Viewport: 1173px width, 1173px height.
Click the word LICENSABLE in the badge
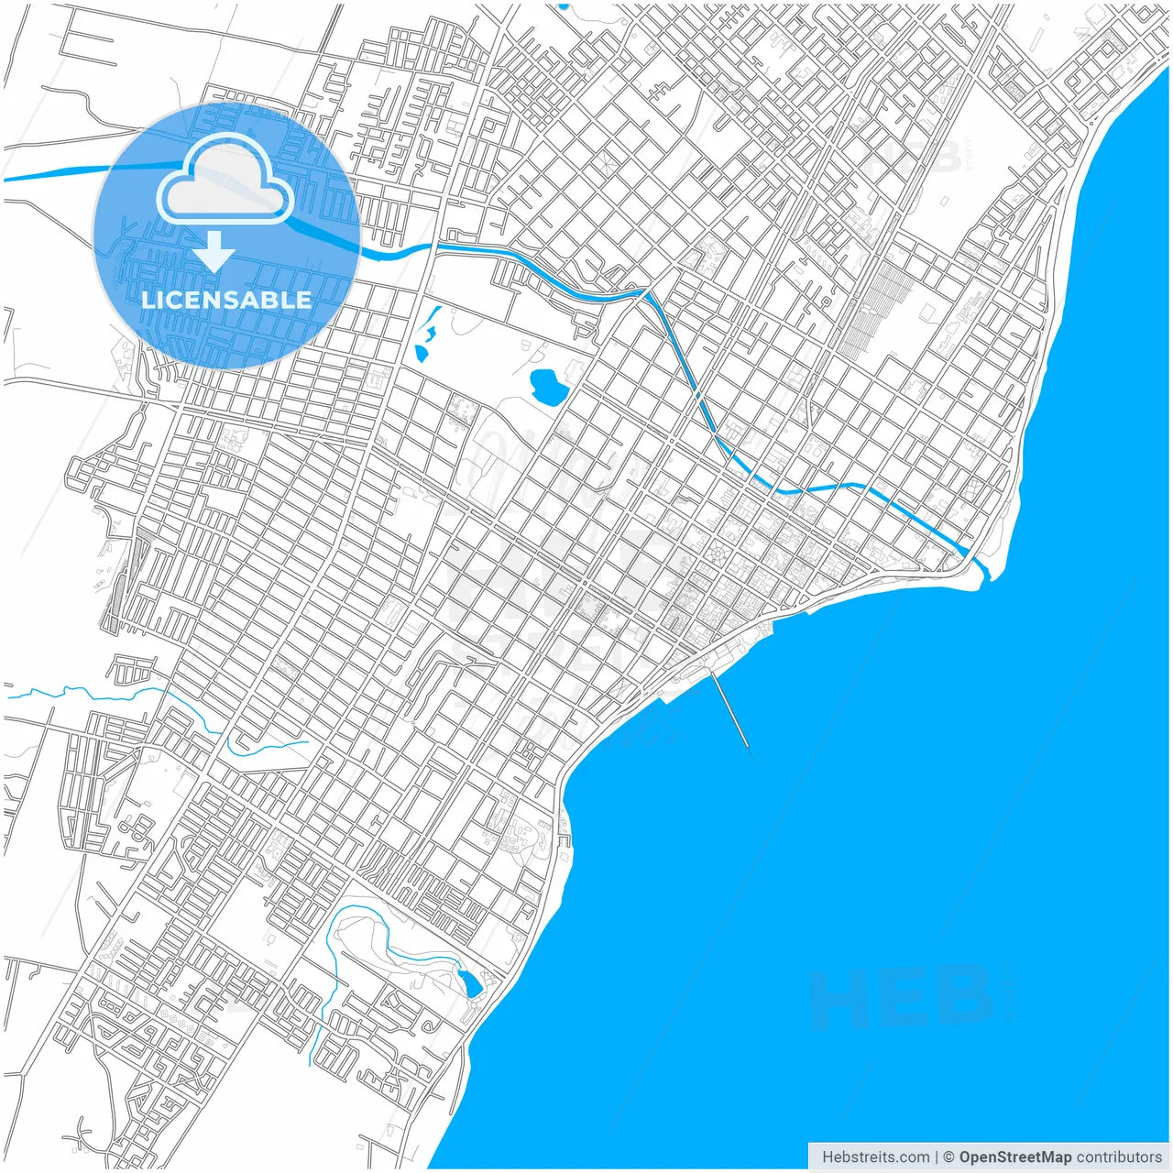tap(225, 300)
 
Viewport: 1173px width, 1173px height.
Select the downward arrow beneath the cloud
tap(214, 251)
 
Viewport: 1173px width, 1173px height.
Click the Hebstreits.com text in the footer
tap(875, 1157)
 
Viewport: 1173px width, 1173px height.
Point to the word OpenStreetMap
tap(1014, 1157)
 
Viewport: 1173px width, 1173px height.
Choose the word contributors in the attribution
tap(1119, 1157)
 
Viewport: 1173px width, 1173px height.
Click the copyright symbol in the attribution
tap(949, 1157)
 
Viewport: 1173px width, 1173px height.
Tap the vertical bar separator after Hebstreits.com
tap(937, 1157)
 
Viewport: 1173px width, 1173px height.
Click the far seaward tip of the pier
tap(749, 747)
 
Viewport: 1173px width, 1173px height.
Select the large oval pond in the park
tap(547, 385)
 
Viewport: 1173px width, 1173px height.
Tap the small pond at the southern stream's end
tap(471, 983)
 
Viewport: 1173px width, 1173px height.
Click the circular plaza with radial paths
tap(716, 554)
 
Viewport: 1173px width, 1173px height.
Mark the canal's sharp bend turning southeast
tap(647, 294)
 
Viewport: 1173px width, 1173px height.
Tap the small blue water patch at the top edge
tap(563, 5)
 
